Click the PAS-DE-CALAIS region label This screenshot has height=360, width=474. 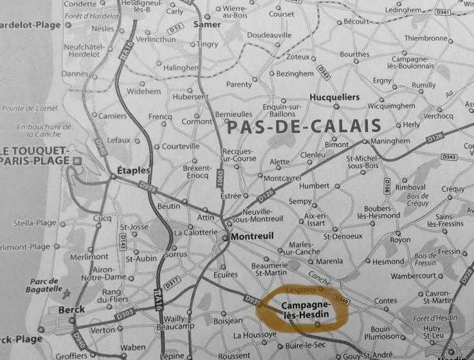click(x=304, y=127)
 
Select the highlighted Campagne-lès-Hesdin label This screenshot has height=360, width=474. click(x=306, y=309)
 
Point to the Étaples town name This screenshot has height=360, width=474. click(x=134, y=171)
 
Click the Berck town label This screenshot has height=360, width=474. click(x=71, y=310)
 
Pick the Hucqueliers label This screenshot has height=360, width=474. click(x=334, y=97)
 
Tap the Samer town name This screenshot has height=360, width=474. click(x=207, y=24)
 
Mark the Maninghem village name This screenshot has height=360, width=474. click(x=388, y=141)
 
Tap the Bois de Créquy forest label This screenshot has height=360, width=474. click(x=417, y=199)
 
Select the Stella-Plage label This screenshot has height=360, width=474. click(x=35, y=223)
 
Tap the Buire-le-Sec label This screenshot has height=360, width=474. click(x=305, y=346)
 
